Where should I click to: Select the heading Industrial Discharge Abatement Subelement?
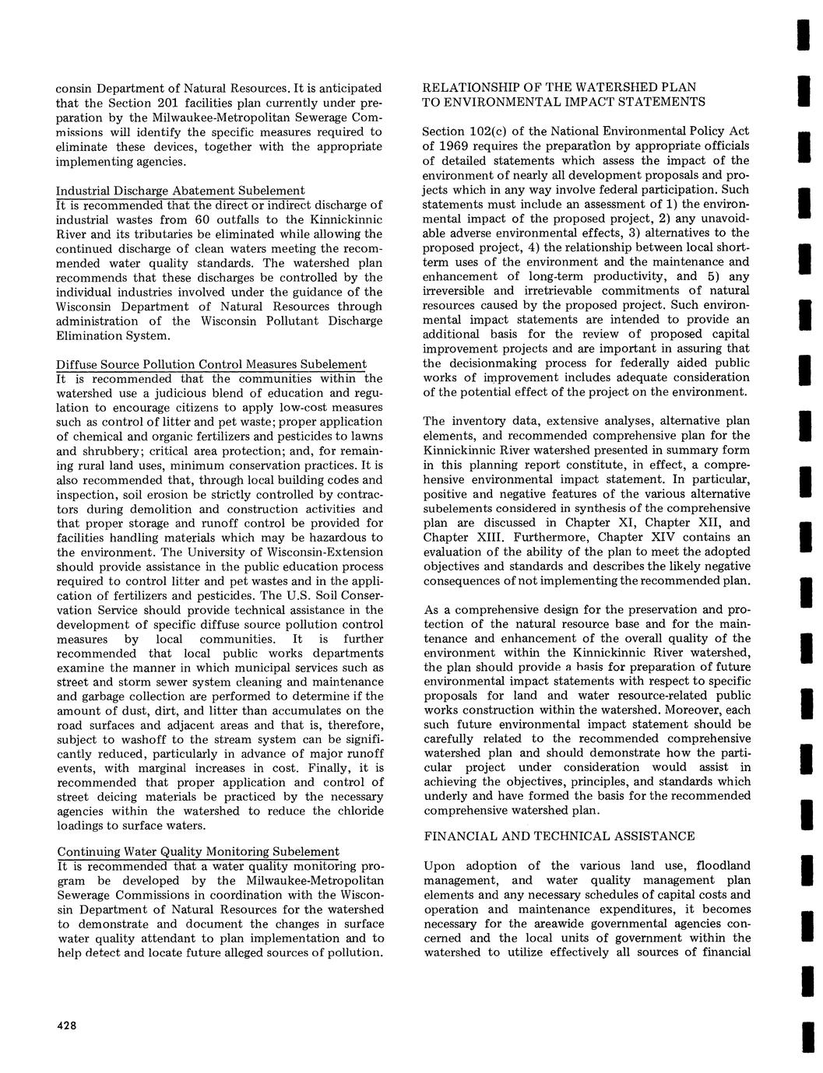(x=180, y=191)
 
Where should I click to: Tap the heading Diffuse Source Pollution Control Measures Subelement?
(x=211, y=364)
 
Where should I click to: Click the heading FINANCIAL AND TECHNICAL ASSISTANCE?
(x=559, y=836)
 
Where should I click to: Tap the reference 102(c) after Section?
(x=488, y=131)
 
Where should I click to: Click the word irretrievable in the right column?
(x=462, y=290)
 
